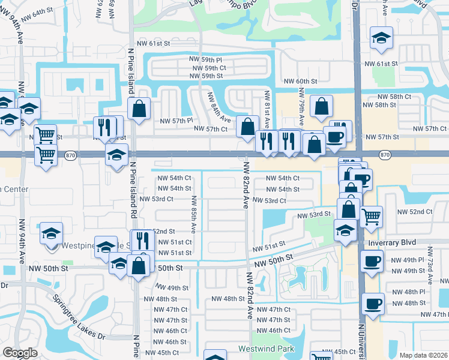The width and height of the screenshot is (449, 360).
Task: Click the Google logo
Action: pos(20,353)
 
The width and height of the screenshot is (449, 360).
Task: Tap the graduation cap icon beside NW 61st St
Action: pos(381,39)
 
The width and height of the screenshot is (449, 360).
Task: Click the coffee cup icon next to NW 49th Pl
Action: pos(372,261)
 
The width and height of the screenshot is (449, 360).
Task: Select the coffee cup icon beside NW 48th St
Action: pos(373,304)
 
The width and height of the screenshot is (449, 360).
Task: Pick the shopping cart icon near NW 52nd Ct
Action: pos(372,215)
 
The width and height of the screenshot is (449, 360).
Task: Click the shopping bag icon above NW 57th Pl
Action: pos(139,109)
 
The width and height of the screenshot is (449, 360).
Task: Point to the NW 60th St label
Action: pos(300,81)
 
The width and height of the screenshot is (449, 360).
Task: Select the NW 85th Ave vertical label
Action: pos(194,215)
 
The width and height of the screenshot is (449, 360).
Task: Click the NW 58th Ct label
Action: pos(394,96)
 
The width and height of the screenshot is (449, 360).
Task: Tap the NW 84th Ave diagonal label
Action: pos(218,107)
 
